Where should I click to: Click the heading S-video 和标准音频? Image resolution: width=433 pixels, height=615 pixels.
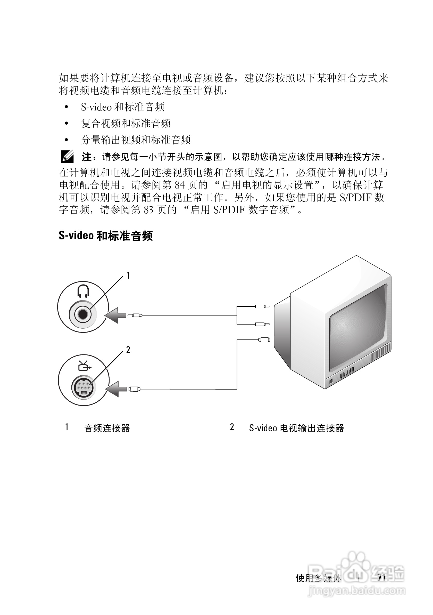(x=106, y=236)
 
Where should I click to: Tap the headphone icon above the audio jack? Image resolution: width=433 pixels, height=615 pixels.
(x=83, y=291)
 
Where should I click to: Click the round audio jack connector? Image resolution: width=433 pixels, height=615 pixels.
(x=83, y=314)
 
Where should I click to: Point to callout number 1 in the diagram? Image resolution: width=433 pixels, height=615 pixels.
(x=128, y=276)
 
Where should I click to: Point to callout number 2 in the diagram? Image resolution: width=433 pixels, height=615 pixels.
(x=128, y=350)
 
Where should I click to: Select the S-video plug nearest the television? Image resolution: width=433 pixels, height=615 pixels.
(x=264, y=340)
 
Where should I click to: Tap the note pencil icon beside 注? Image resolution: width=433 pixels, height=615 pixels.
(x=67, y=157)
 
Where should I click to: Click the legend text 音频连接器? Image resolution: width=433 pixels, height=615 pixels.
(x=107, y=428)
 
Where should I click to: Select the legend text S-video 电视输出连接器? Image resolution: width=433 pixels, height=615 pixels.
(x=296, y=428)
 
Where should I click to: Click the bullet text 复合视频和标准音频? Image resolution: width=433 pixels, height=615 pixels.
(x=126, y=124)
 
